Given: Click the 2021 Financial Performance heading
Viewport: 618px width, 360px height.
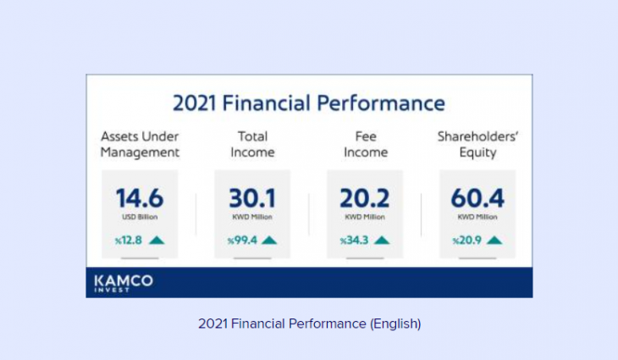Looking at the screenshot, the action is [x=309, y=103].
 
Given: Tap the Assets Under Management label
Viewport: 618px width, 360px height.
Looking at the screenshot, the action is [x=140, y=144].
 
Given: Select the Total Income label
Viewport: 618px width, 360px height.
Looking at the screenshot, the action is [x=252, y=144].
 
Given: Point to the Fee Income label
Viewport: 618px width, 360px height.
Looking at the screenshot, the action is [x=366, y=144].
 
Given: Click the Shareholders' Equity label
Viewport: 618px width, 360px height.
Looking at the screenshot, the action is [x=477, y=145].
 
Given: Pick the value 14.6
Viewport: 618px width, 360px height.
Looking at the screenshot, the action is [x=140, y=198].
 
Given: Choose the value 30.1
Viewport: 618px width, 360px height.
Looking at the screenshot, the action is [x=252, y=198].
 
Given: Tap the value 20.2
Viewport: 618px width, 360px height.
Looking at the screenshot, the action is [x=365, y=198].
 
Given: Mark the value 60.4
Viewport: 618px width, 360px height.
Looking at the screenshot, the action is [x=477, y=198].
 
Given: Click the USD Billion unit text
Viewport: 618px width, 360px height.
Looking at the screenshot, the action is [x=140, y=217].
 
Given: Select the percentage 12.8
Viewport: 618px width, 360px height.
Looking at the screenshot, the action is [x=129, y=240].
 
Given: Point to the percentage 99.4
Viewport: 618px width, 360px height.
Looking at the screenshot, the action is [x=242, y=240].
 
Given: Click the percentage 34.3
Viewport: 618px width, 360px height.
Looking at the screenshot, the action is [x=355, y=240].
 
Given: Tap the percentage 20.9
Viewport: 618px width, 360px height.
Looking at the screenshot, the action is [x=467, y=240].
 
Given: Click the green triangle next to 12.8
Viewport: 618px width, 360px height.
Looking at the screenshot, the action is [x=157, y=240].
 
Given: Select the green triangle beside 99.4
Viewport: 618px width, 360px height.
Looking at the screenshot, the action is [x=269, y=240].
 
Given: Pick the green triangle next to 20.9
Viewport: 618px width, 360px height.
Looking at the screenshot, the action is [x=494, y=240].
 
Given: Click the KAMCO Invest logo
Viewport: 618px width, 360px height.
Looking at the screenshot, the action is [x=124, y=283].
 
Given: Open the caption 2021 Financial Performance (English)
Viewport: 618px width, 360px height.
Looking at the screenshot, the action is [x=309, y=324].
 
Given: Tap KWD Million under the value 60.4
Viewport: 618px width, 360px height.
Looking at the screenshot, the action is [x=477, y=217].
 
